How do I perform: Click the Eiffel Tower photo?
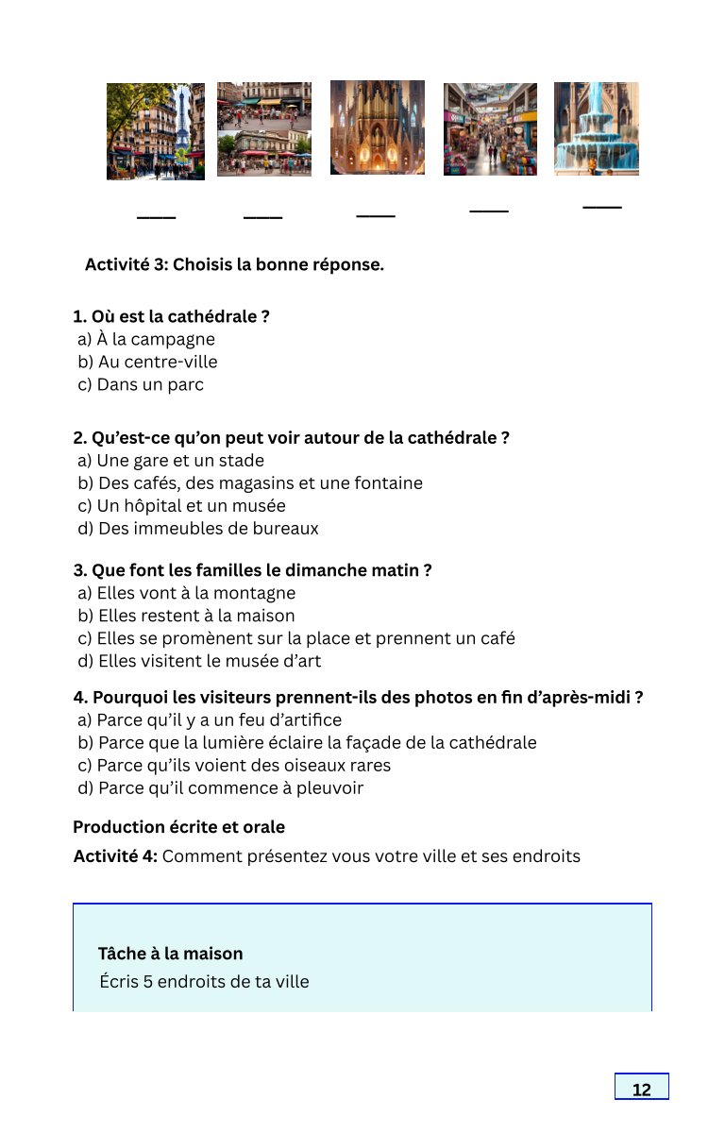click(156, 131)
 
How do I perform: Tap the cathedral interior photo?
click(377, 127)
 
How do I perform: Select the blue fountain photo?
click(596, 128)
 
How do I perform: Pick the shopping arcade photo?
click(490, 129)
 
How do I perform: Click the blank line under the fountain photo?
click(602, 207)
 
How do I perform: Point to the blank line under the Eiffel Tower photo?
click(157, 218)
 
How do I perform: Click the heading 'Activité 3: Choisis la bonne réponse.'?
click(234, 264)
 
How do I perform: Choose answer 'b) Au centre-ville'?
click(147, 363)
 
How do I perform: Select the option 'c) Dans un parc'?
click(141, 385)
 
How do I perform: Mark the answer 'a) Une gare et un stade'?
click(171, 461)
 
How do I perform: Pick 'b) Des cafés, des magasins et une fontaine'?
click(250, 483)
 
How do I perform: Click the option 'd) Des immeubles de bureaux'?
click(198, 529)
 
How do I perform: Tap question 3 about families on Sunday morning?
click(252, 570)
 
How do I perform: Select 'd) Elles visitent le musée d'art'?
click(199, 661)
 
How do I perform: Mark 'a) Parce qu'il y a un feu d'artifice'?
click(210, 720)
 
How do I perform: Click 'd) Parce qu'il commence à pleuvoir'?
click(220, 788)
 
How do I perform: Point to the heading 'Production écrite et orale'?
click(178, 827)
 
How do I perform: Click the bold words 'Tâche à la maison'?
click(170, 954)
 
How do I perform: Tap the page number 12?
click(641, 1090)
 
